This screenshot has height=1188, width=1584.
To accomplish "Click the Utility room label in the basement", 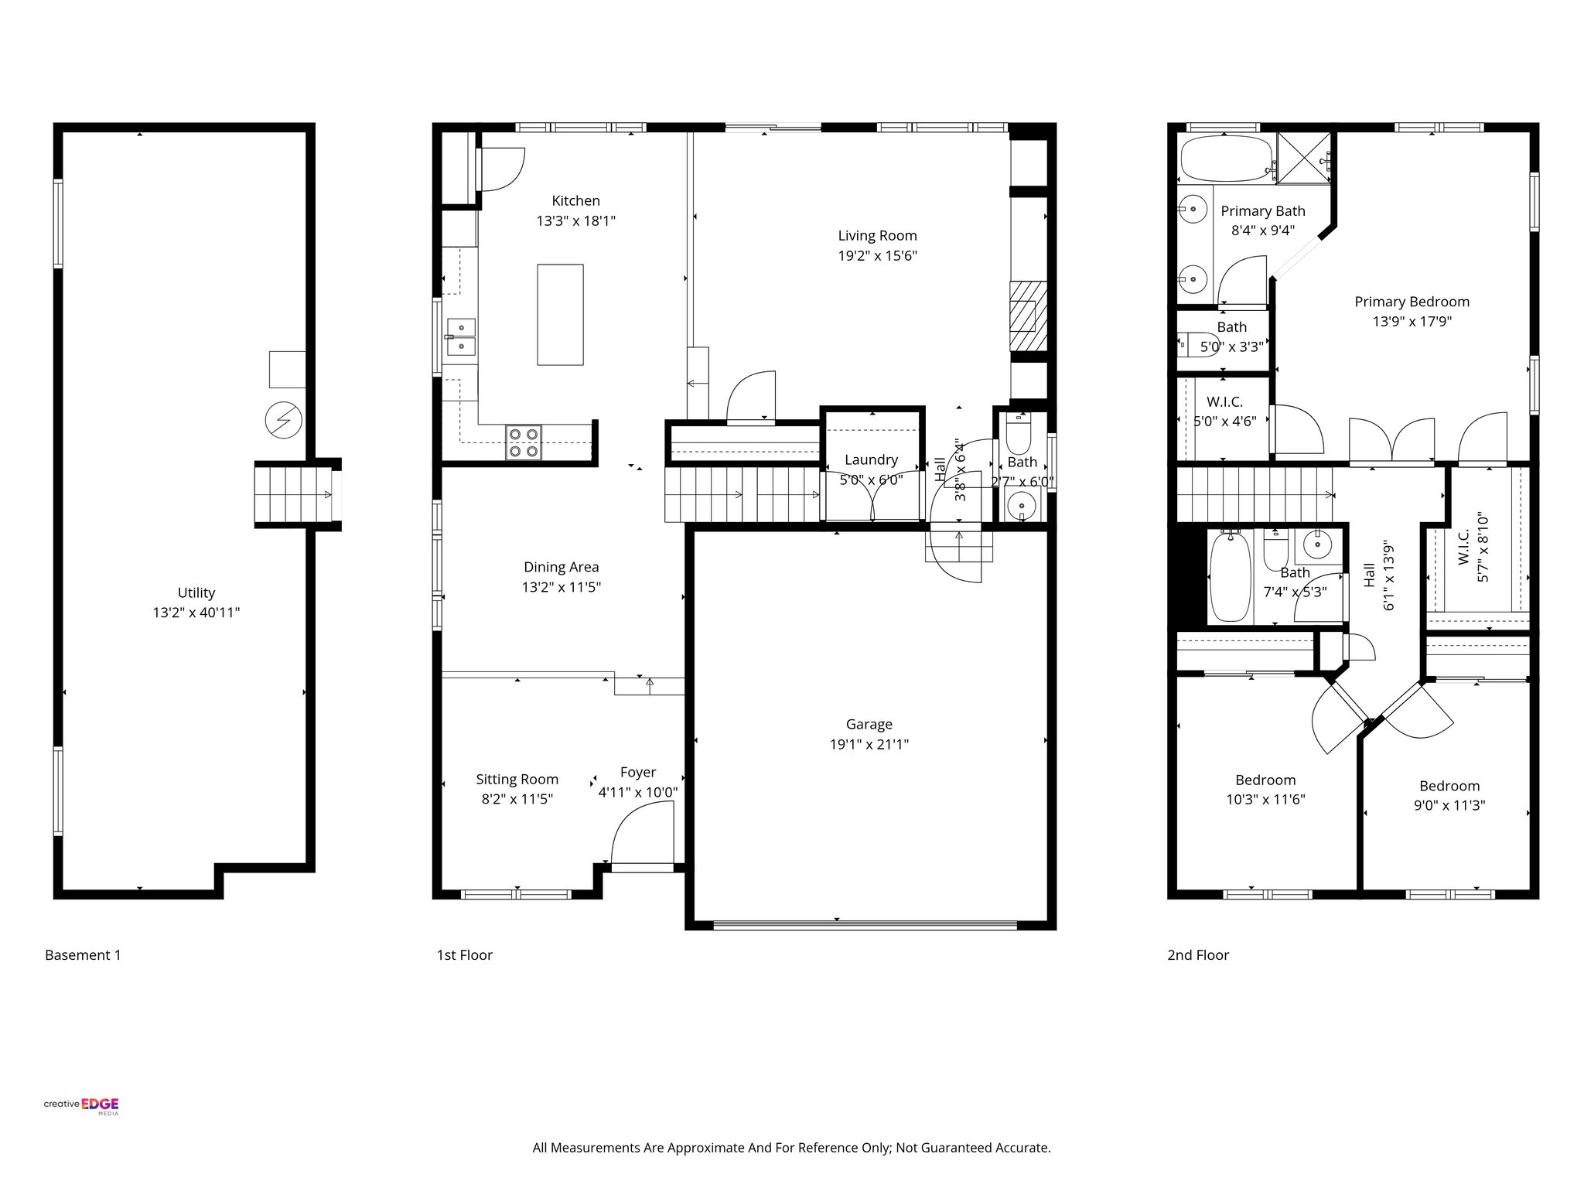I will click(196, 592).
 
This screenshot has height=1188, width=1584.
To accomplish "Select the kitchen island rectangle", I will click(560, 314).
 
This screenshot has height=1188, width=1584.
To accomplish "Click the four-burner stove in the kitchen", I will click(524, 442).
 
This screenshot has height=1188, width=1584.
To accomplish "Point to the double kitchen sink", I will click(461, 336).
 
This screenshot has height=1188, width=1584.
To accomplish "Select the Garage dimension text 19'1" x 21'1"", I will click(869, 745).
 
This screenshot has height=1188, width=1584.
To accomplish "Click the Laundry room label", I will click(871, 459).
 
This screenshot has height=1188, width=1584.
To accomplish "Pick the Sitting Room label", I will click(517, 779).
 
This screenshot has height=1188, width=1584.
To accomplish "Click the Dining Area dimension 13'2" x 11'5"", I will click(561, 587).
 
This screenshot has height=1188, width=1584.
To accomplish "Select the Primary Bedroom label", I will click(1412, 302).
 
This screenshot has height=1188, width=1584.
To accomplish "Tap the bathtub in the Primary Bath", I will click(1227, 159).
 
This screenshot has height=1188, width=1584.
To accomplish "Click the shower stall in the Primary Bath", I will click(1303, 159).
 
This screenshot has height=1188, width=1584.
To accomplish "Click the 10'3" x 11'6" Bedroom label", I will click(1265, 780).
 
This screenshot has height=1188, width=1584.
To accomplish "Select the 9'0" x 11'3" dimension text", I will click(1449, 805).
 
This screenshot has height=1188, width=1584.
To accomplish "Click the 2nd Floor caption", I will click(1197, 955).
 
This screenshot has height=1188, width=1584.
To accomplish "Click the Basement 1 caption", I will click(83, 955).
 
